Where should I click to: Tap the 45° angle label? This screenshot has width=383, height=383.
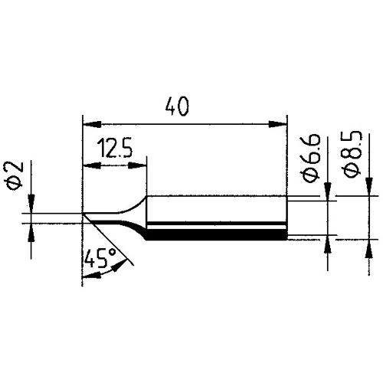99,260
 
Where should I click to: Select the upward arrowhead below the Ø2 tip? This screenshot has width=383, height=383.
30,230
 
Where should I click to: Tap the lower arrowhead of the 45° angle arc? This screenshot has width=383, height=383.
87,276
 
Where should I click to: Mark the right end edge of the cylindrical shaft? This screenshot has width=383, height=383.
287,218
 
